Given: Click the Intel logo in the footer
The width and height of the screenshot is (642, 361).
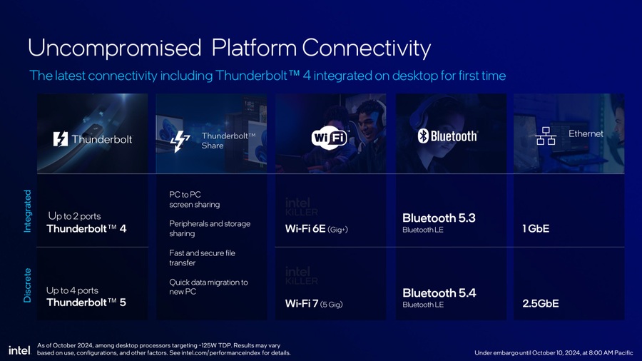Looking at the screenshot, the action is (x=19, y=350).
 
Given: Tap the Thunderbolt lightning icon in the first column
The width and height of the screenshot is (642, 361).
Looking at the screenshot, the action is (x=60, y=139).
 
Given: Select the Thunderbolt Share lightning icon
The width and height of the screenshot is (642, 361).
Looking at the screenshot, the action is (x=180, y=141).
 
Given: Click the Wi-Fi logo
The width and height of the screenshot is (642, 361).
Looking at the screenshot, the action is (x=330, y=138).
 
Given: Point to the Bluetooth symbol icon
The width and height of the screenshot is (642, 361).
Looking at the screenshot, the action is (x=423, y=136).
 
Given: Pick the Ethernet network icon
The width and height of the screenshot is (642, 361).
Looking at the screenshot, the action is (x=546, y=136).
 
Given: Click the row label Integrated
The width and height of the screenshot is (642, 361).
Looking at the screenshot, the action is (x=27, y=211).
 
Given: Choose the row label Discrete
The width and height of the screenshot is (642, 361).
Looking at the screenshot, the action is (x=27, y=285).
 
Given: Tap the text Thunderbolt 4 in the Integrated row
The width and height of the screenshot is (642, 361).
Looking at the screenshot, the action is (x=86, y=228).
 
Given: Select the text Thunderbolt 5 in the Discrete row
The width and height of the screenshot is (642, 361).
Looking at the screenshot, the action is (x=86, y=302).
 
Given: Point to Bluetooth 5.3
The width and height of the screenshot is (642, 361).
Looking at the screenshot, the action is (x=439, y=218).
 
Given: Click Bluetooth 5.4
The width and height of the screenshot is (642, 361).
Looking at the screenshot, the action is (x=439, y=293).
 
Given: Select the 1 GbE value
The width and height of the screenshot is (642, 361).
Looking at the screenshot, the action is (x=536, y=228).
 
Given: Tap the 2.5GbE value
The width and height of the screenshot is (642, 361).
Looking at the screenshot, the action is (x=541, y=303).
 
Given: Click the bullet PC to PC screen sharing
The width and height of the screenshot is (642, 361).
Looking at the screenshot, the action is (x=195, y=199).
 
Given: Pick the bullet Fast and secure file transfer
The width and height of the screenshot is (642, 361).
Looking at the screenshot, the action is (x=203, y=258).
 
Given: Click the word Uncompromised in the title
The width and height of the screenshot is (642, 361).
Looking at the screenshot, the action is (x=115, y=48).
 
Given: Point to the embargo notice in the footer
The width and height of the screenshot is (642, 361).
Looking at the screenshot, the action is (x=554, y=352).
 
